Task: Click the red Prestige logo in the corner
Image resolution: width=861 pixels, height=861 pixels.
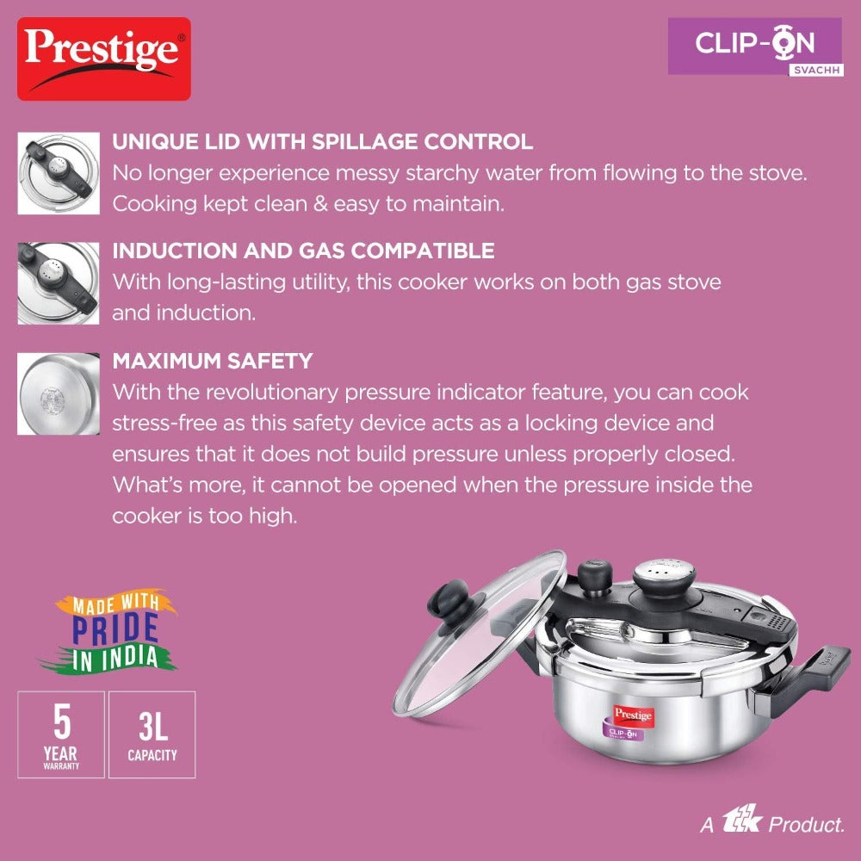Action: click(x=104, y=59)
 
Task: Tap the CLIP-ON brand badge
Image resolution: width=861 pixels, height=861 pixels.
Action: click(x=754, y=46)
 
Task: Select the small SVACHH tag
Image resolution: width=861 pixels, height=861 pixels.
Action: click(x=816, y=71)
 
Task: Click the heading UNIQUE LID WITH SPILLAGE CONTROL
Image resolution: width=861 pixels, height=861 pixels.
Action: click(x=322, y=142)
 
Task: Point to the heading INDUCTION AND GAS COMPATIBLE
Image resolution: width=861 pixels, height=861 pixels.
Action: click(x=303, y=251)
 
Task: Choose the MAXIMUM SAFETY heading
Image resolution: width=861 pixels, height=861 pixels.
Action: click(x=213, y=361)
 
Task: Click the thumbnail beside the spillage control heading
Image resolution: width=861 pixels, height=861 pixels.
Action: click(x=59, y=173)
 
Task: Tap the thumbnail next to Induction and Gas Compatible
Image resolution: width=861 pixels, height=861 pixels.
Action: click(x=59, y=282)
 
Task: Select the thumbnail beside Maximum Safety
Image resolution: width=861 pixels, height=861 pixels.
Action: click(x=59, y=393)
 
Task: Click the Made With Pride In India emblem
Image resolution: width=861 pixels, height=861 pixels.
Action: click(x=110, y=631)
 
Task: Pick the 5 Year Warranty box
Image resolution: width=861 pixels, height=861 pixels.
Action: click(x=61, y=734)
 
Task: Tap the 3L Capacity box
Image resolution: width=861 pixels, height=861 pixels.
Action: click(x=152, y=734)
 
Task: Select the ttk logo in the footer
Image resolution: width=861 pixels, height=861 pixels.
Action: click(x=742, y=820)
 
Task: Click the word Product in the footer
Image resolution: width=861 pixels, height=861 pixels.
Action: click(x=806, y=824)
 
